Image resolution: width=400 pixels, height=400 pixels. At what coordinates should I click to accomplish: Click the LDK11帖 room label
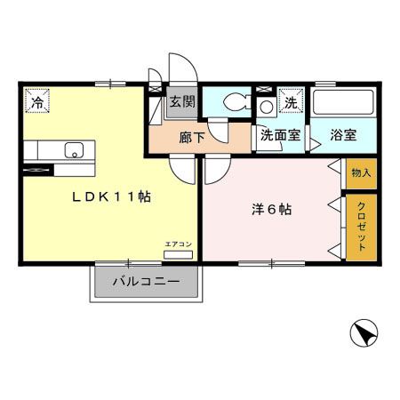(x=110, y=197)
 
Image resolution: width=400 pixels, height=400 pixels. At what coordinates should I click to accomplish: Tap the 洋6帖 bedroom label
(x=270, y=211)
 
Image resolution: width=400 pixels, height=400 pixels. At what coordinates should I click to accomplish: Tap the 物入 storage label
(x=361, y=171)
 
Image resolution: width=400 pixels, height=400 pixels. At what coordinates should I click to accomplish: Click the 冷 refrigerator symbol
(x=37, y=103)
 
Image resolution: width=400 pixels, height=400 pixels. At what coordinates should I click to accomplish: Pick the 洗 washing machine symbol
(x=291, y=102)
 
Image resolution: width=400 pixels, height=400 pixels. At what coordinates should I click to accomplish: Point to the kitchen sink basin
(x=75, y=149)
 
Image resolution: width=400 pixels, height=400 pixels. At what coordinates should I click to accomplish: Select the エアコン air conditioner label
(x=177, y=243)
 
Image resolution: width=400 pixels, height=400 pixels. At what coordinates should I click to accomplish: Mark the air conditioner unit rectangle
(x=177, y=254)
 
